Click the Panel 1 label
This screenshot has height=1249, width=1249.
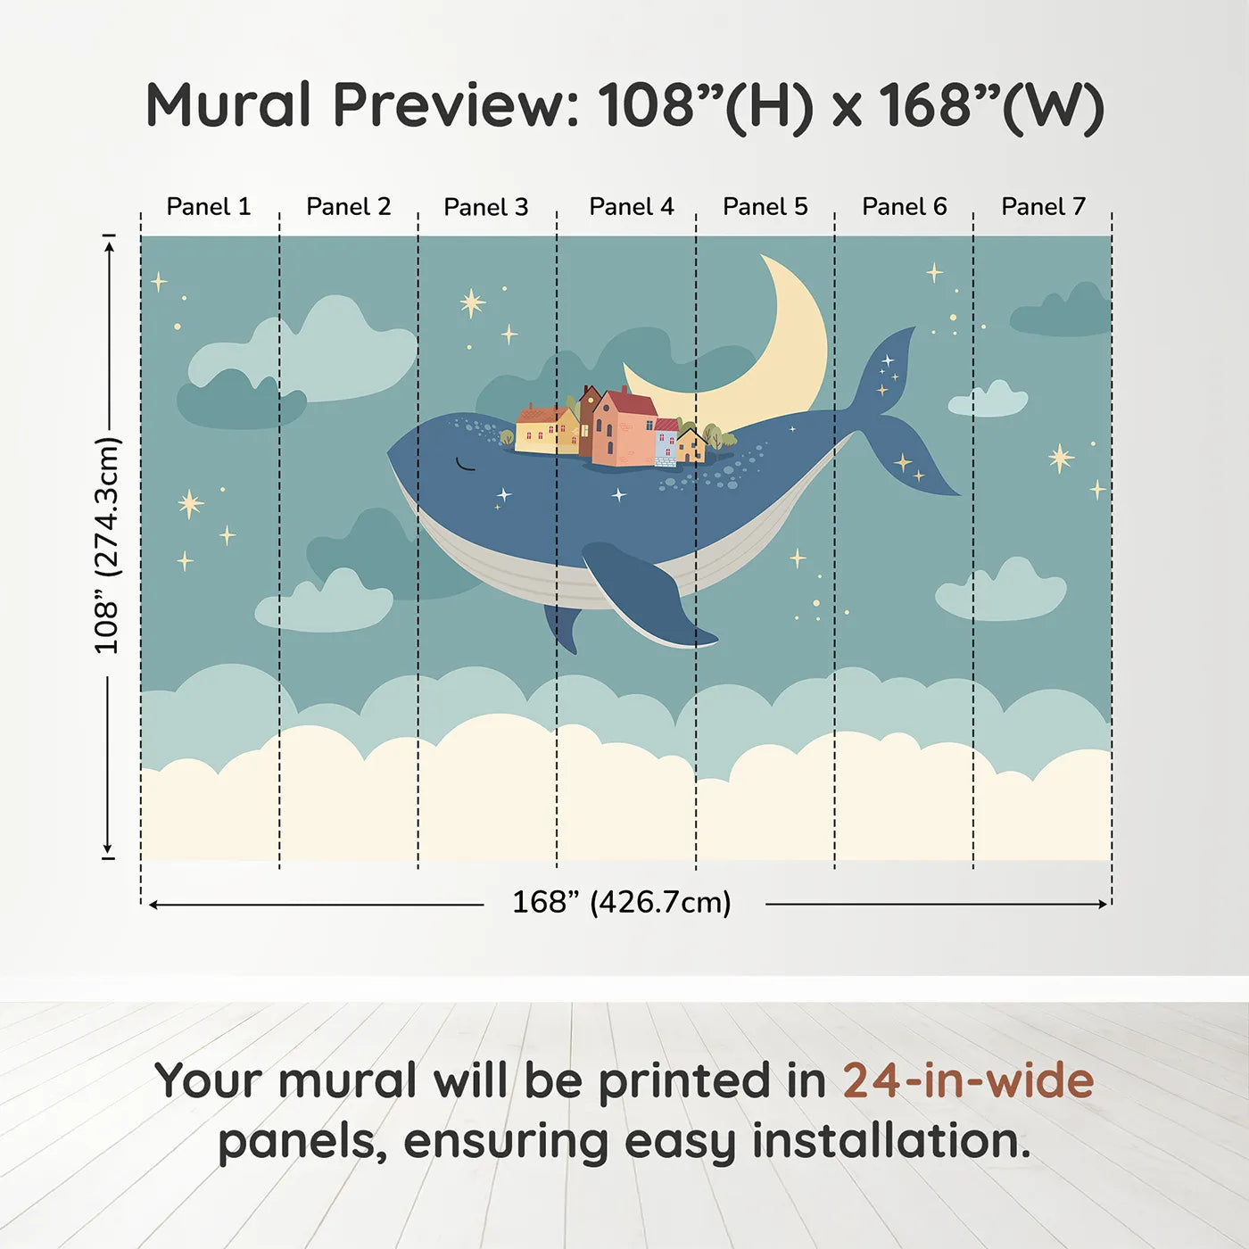(209, 207)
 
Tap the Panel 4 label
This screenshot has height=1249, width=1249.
(631, 207)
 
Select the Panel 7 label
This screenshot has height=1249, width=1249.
(1043, 207)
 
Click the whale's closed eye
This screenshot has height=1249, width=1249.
(466, 465)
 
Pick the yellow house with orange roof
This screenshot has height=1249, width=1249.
(546, 430)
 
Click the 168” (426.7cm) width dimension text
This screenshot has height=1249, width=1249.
(622, 903)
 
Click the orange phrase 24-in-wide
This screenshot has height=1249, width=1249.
(968, 1081)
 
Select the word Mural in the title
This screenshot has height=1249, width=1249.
(228, 105)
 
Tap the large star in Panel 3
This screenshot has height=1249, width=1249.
(472, 303)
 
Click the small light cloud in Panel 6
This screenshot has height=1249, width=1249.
(988, 400)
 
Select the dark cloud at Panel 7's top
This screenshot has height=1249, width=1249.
(1062, 312)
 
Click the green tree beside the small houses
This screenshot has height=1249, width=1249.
(718, 437)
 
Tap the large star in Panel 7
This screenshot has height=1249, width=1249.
(1061, 459)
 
